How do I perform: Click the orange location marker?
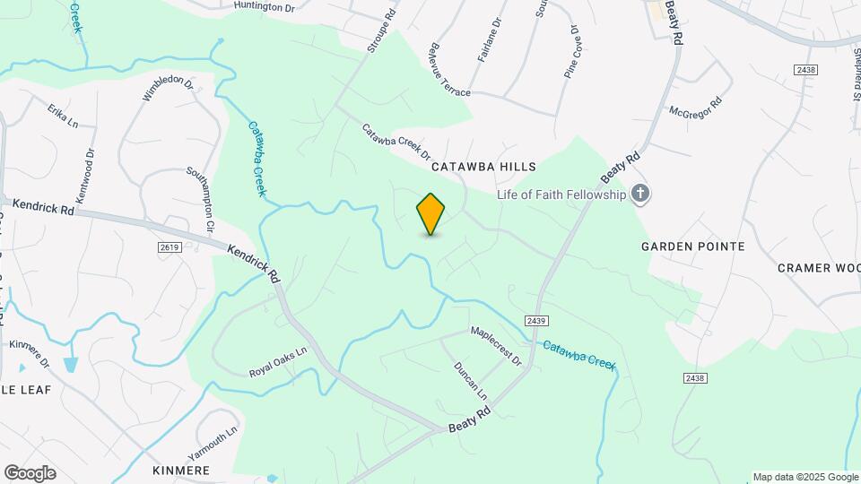click(x=431, y=213)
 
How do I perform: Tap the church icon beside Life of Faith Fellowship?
click(x=639, y=194)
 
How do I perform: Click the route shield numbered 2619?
click(x=169, y=247)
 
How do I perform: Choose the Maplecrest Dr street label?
click(x=497, y=346)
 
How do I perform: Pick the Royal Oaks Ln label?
click(x=278, y=361)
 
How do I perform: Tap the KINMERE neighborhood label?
click(x=181, y=471)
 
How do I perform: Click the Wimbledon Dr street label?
click(x=168, y=89)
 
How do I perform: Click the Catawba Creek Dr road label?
click(x=396, y=142)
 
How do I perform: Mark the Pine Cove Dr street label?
click(x=574, y=51)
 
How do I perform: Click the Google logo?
click(x=30, y=473)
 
